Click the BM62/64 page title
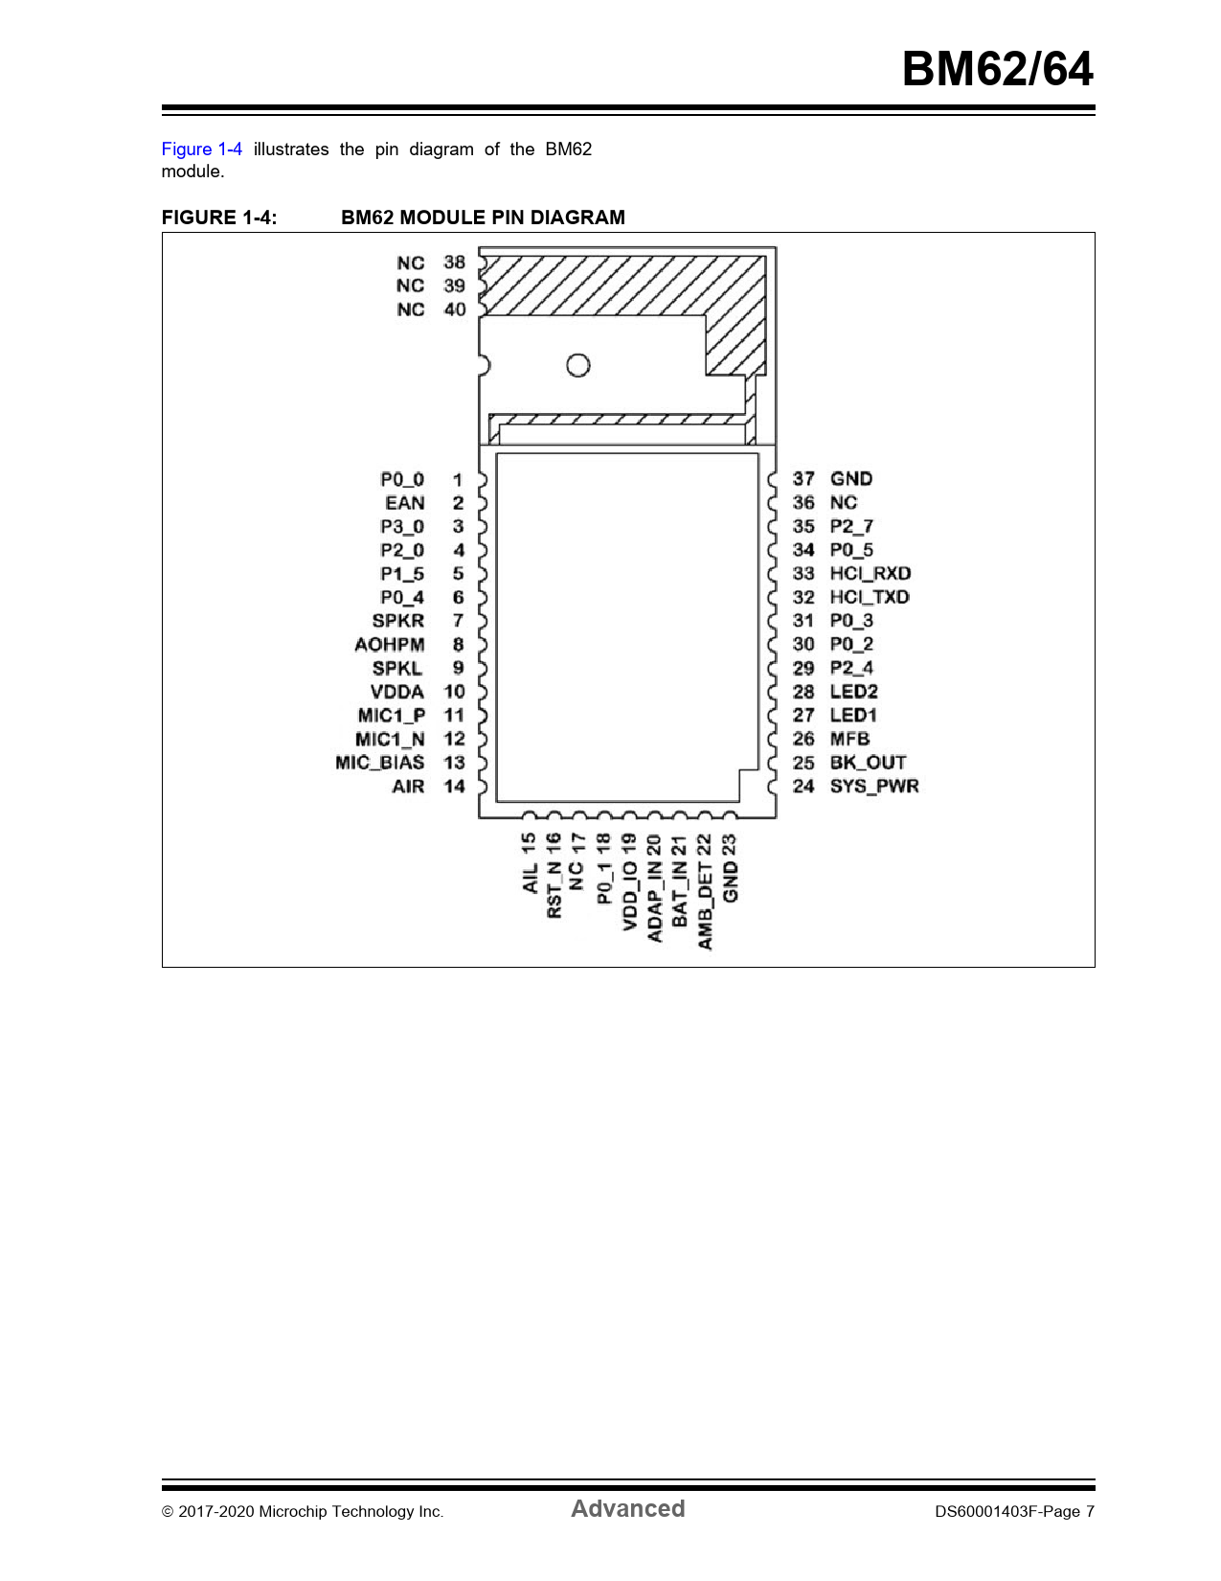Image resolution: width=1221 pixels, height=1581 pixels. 997,69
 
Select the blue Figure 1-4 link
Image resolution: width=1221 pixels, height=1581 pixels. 201,149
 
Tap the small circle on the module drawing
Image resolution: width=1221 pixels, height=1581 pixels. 578,365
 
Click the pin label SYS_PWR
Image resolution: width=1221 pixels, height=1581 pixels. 874,786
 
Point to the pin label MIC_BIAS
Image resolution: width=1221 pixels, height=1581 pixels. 379,763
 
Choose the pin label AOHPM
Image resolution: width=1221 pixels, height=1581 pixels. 389,645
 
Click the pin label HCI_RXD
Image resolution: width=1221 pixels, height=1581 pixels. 870,573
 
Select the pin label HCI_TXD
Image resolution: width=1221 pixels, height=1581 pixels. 870,597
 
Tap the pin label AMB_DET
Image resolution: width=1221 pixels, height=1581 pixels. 705,905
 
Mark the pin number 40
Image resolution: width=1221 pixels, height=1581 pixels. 455,309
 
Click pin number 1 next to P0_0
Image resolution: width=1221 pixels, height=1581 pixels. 458,480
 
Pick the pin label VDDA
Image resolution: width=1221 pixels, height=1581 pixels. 397,692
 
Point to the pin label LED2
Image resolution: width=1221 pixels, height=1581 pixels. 854,691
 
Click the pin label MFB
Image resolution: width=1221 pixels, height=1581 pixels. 849,739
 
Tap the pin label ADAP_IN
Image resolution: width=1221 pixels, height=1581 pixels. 654,903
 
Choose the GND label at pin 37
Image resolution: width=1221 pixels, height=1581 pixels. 850,479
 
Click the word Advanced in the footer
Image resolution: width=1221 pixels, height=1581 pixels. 627,1508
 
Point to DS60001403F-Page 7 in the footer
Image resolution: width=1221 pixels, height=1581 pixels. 1014,1511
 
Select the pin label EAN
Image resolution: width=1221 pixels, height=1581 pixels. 405,503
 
